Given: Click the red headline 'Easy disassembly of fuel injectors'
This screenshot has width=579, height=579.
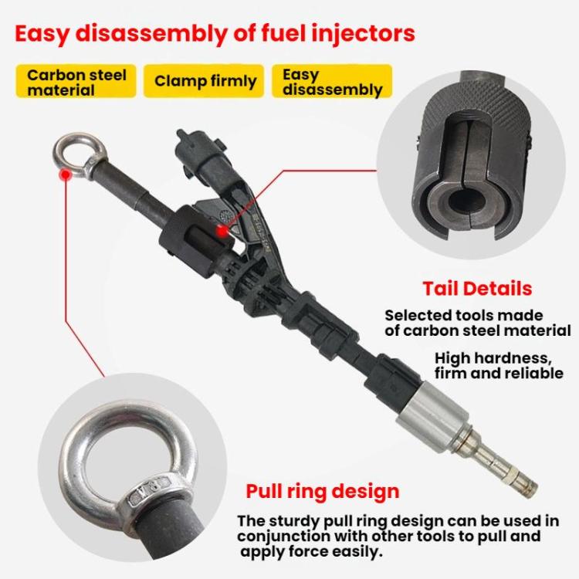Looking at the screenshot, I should pyautogui.click(x=215, y=34).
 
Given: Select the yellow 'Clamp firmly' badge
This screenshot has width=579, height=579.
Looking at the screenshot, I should pyautogui.click(x=205, y=81).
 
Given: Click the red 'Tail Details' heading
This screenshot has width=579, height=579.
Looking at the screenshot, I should pyautogui.click(x=477, y=289).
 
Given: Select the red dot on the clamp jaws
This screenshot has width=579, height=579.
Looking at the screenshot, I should pyautogui.click(x=222, y=228).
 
